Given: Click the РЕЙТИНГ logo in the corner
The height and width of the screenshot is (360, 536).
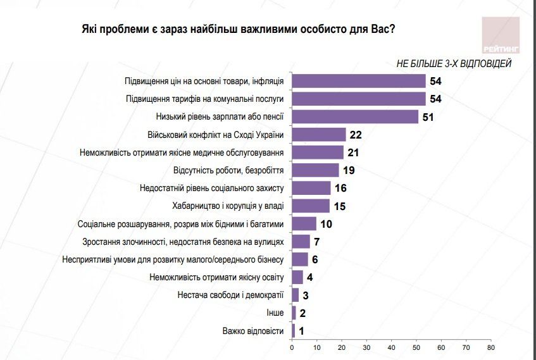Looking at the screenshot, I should (500, 35).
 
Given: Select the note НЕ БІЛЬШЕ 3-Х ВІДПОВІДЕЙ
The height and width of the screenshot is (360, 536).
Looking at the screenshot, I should (453, 63).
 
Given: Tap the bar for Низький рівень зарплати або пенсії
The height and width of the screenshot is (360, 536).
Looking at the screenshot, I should (355, 117).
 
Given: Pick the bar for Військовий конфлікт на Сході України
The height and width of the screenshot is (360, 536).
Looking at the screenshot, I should (319, 134).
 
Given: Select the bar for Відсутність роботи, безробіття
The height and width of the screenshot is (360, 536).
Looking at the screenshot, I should (315, 170).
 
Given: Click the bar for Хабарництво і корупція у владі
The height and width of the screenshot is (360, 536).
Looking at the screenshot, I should (310, 206).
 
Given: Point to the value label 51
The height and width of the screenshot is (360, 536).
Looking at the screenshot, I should (430, 117).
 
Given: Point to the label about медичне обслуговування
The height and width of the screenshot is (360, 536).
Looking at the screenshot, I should (182, 152).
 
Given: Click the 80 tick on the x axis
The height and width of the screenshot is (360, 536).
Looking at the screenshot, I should (490, 347).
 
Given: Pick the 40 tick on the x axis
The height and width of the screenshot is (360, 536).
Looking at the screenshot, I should (391, 347).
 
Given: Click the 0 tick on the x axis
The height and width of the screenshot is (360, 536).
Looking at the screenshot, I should (292, 347).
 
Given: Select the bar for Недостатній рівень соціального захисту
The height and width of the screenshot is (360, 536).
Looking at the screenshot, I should (311, 188).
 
